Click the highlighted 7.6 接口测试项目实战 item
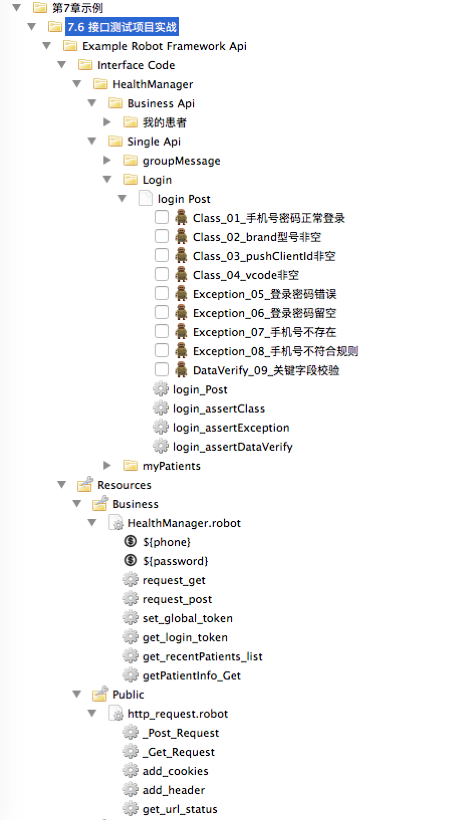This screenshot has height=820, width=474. (122, 27)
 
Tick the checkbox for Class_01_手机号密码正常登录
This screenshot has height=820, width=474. (161, 217)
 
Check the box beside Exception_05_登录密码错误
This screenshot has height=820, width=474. (161, 294)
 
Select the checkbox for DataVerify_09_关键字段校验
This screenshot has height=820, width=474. (161, 370)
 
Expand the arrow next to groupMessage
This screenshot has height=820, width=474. (107, 161)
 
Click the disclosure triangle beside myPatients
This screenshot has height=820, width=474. (107, 466)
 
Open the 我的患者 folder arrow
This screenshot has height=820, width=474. (107, 122)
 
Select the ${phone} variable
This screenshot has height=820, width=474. (166, 542)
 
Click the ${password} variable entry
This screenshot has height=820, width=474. (175, 561)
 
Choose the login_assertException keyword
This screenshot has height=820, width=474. (231, 428)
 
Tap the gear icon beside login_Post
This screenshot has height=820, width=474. (161, 389)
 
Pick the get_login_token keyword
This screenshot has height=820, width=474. (185, 637)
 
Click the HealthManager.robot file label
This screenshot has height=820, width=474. (184, 523)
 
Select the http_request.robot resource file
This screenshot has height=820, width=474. (178, 714)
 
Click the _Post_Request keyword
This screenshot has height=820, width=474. (181, 733)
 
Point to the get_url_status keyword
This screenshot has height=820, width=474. (180, 809)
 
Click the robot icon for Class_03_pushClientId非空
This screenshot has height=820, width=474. (181, 255)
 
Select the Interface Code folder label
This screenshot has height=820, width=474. (136, 65)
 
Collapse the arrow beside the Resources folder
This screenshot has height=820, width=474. (62, 485)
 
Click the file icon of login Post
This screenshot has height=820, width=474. (146, 198)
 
